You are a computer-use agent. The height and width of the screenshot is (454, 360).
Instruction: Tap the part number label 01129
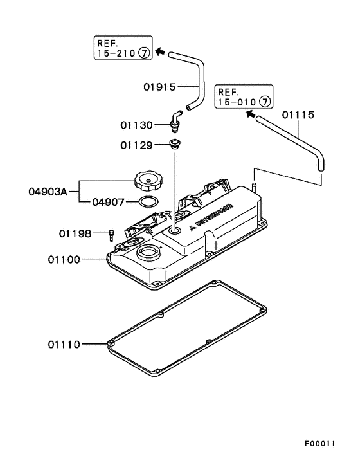(x=136, y=145)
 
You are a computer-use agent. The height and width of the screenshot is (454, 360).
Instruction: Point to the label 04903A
(x=48, y=191)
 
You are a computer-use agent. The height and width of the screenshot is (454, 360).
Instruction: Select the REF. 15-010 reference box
(x=244, y=96)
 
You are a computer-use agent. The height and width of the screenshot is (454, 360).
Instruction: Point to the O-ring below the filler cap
(x=148, y=203)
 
